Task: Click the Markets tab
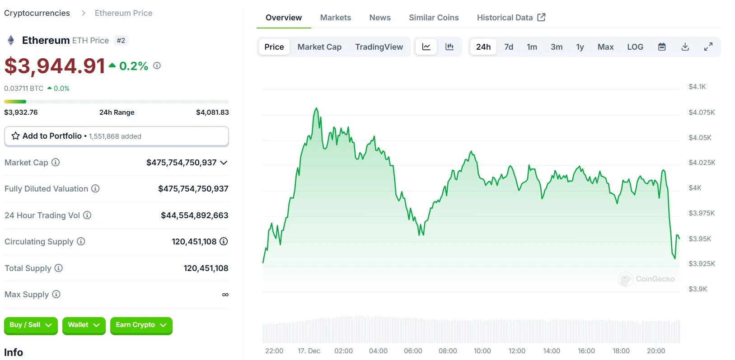(335, 18)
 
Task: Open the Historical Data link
(511, 18)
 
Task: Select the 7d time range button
(509, 47)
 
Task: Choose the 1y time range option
(580, 47)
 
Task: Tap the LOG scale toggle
(635, 47)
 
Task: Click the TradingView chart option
(379, 47)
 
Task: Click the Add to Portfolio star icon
(15, 136)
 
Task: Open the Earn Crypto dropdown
(141, 325)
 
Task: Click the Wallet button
(84, 325)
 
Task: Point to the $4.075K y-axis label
(702, 112)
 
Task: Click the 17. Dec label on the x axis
(309, 351)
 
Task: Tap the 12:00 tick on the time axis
(517, 351)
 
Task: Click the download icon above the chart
(685, 47)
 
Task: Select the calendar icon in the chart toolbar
(662, 47)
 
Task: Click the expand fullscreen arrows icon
(708, 47)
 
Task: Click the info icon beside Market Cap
(56, 162)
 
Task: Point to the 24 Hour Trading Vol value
(194, 215)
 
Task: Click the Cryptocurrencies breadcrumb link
(37, 13)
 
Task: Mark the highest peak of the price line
(316, 108)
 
